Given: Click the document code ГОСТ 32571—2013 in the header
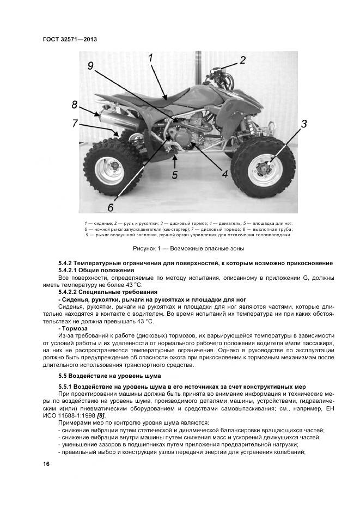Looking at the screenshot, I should pyautogui.click(x=69, y=40).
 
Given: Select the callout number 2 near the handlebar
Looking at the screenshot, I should pyautogui.click(x=243, y=60).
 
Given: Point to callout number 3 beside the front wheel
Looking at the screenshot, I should pyautogui.click(x=304, y=124).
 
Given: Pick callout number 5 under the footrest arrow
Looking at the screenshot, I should pyautogui.click(x=174, y=175).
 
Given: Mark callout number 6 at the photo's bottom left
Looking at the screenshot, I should pyautogui.click(x=111, y=207).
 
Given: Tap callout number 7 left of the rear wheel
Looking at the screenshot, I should pyautogui.click(x=75, y=124).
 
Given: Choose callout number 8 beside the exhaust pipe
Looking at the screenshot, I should pyautogui.click(x=75, y=105).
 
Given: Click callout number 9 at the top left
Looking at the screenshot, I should pyautogui.click(x=91, y=66).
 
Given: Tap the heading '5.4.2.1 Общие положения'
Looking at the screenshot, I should pyautogui.click(x=96, y=271).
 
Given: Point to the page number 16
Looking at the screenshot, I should pyautogui.click(x=46, y=464).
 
